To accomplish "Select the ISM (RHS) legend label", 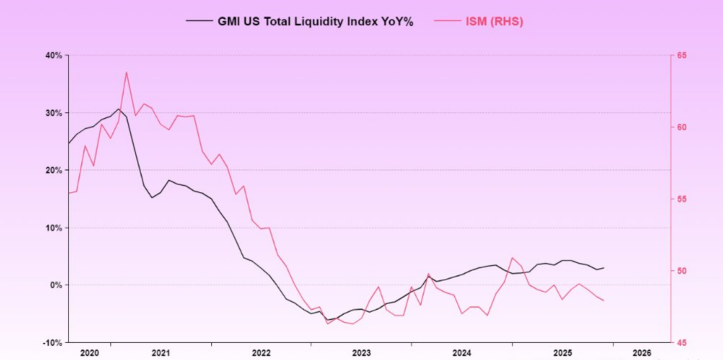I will point(494,21).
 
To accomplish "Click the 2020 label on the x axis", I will point(90,352).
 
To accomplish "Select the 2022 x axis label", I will point(261,352).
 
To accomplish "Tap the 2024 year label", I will point(462,352).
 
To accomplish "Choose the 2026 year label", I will point(642,352).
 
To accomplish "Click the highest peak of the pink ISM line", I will point(126,72).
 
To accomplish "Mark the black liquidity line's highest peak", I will point(119,109).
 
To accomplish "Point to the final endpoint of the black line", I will point(604,268).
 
